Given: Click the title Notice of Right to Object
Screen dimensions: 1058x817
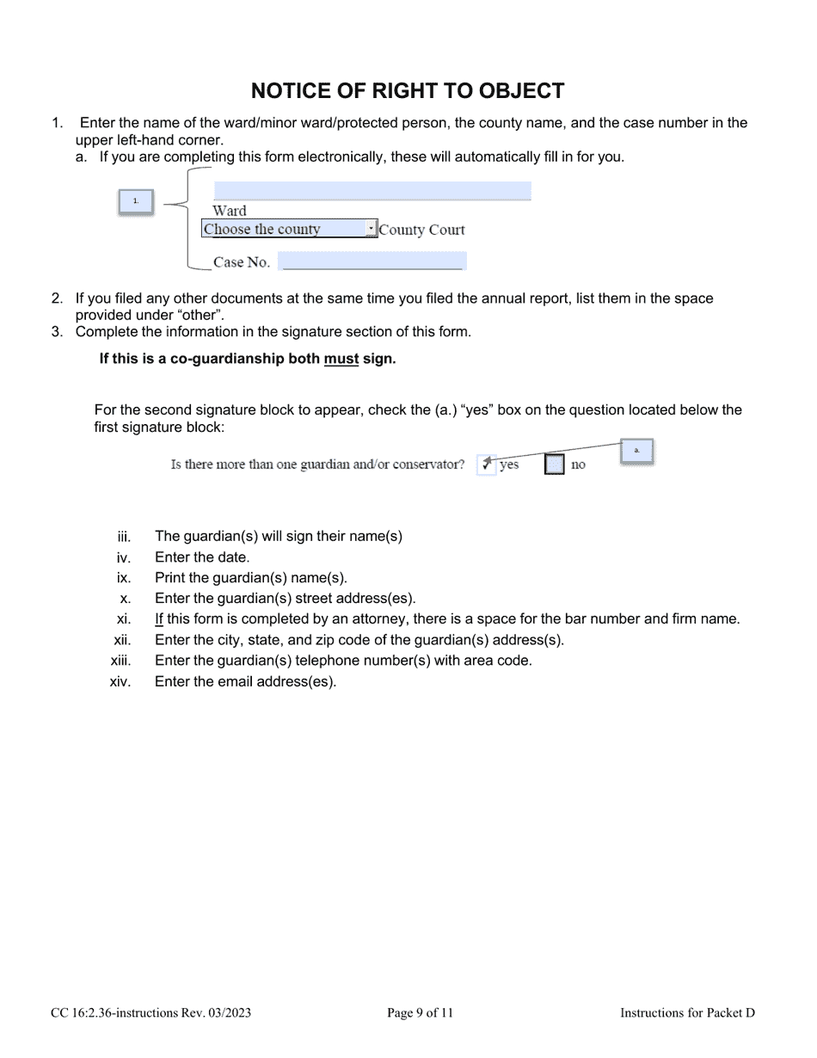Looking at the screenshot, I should tap(408, 91).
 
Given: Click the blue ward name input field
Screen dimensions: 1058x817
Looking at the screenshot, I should tap(372, 191).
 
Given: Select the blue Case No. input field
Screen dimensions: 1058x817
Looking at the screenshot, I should tap(372, 261).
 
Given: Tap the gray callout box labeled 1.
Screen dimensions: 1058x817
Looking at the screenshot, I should tap(136, 201).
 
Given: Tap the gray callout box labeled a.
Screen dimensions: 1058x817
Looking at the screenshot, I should tap(636, 451).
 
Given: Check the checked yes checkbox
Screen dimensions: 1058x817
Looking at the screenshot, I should tap(486, 464).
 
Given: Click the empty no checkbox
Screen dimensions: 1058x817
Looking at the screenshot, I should tap(555, 464).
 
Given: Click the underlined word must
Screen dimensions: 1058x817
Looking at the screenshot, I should tap(341, 360).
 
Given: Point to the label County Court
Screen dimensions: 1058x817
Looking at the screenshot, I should tap(421, 230).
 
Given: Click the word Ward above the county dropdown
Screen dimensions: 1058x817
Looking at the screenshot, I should tap(230, 211).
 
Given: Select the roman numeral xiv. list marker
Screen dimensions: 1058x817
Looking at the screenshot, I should tap(120, 682).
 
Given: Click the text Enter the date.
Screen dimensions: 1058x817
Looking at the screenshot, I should tap(202, 557).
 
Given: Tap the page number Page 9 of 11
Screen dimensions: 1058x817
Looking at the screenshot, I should tap(420, 1013).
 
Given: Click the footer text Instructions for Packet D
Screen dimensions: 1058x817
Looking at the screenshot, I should tap(687, 1013).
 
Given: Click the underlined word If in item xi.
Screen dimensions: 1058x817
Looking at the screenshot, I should tap(159, 619).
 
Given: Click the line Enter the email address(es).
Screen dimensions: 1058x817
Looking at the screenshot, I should tap(246, 682).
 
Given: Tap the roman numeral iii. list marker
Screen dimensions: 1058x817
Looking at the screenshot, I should tap(124, 537).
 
